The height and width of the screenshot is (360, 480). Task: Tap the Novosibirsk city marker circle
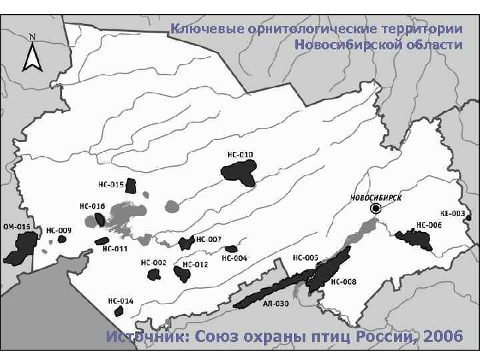[376, 209]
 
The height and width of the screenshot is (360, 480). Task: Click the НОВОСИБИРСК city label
[375, 198]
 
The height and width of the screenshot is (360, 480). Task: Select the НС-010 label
[241, 155]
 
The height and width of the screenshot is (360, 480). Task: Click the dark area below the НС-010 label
[239, 174]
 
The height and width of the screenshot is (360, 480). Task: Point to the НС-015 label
[111, 184]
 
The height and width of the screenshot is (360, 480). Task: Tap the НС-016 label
[92, 205]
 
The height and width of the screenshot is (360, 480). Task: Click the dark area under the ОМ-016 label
[20, 249]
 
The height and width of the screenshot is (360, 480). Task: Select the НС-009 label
[58, 230]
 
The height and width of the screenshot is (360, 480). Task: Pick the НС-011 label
[115, 249]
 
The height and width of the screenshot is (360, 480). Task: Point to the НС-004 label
[235, 258]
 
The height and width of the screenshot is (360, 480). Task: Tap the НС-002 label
[153, 263]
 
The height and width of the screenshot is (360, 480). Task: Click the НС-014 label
[121, 301]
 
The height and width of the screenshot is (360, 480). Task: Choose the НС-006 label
[429, 225]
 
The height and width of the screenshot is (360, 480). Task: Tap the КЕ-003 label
[453, 213]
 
